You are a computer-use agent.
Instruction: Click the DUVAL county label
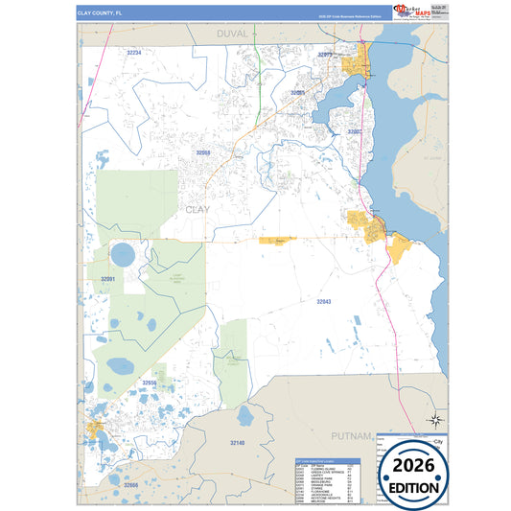(x=232, y=34)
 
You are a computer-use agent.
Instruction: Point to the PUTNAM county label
(x=351, y=435)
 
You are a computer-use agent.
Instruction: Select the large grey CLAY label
(x=197, y=209)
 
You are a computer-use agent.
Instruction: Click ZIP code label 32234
(x=133, y=53)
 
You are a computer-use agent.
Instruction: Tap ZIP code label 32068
(x=203, y=152)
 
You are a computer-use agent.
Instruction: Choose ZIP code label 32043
(x=324, y=302)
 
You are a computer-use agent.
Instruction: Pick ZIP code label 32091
(x=107, y=279)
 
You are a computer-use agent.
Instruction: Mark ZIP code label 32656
(x=150, y=383)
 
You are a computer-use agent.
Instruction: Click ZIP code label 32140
(x=238, y=442)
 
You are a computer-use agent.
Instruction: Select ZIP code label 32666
(x=130, y=486)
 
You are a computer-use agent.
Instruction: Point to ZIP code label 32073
(x=325, y=56)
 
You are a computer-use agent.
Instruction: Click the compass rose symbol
(x=435, y=419)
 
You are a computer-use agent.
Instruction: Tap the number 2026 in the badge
(x=414, y=465)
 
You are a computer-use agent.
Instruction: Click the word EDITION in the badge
(x=414, y=487)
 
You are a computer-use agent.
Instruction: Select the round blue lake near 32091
(x=123, y=256)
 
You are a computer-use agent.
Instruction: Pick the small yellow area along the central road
(x=273, y=240)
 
